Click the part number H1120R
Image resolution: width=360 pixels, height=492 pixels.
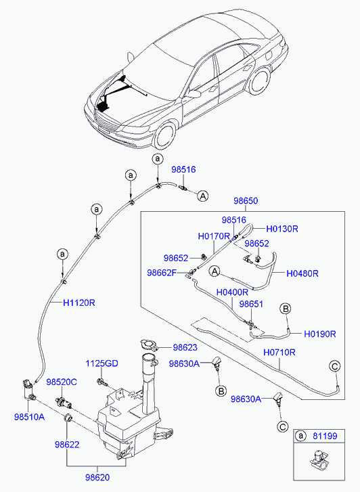[78, 303]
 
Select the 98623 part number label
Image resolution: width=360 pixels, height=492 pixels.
[185, 347]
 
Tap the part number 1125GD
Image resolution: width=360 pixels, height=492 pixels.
[102, 363]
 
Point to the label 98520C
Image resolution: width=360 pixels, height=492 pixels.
[62, 382]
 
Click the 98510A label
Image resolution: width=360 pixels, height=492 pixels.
[29, 417]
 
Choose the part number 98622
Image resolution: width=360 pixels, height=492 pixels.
[67, 445]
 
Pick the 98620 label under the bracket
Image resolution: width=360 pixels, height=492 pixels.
[97, 478]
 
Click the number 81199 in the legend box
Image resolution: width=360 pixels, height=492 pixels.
[325, 436]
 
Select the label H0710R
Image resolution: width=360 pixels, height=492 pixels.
[279, 353]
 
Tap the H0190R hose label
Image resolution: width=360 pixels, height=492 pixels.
[320, 334]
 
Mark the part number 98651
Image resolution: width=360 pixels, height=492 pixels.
[251, 304]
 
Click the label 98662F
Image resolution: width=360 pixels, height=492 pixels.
[162, 273]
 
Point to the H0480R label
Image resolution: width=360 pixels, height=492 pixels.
[302, 273]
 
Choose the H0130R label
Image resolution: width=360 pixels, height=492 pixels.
[282, 229]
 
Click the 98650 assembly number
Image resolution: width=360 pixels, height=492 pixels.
[246, 200]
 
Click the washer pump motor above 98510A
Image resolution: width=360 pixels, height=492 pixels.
[28, 389]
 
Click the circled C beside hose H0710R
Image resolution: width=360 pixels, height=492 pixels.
[335, 366]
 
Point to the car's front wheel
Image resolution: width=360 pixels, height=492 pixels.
[164, 134]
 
